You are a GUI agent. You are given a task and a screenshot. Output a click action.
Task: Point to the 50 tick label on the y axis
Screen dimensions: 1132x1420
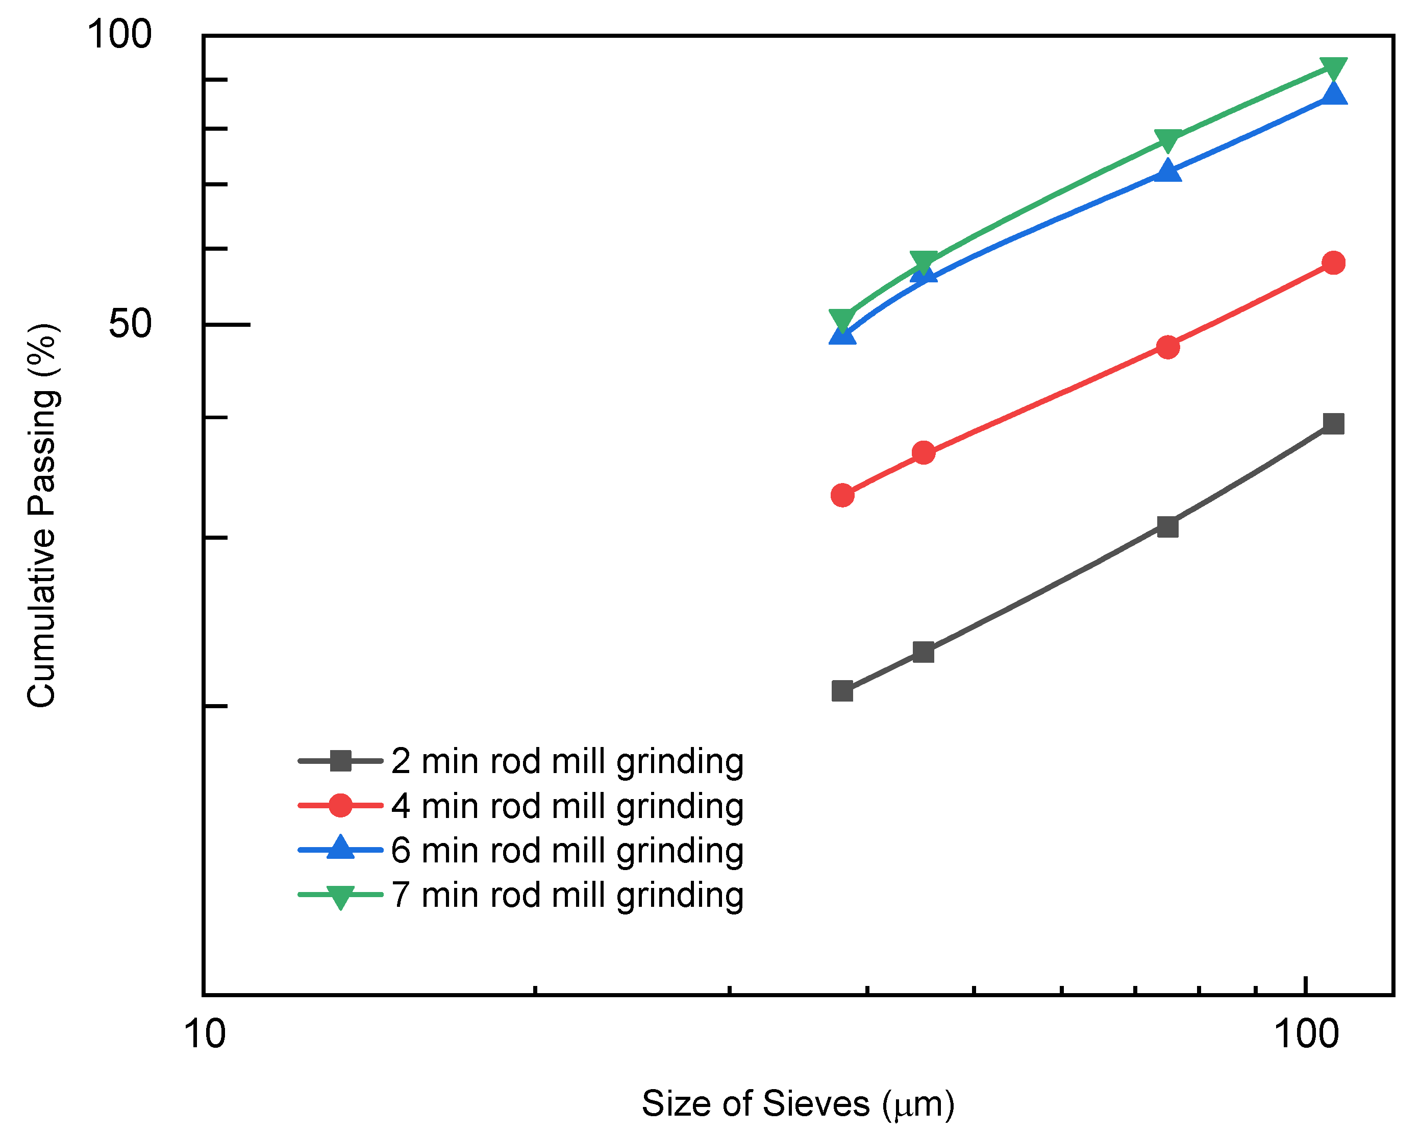(x=130, y=324)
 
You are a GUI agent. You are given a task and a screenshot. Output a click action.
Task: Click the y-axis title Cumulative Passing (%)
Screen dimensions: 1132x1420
(x=42, y=515)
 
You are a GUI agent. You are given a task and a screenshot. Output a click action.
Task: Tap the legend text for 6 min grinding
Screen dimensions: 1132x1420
(x=567, y=850)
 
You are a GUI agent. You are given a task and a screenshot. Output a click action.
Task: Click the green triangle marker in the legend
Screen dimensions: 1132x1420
(x=340, y=896)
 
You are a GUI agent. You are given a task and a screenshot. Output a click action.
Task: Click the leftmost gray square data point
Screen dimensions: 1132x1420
(x=842, y=691)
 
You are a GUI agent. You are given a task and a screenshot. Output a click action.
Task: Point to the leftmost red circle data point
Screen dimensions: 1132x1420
(x=842, y=495)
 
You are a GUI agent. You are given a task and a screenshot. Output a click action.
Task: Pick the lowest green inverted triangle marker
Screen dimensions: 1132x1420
(x=842, y=320)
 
